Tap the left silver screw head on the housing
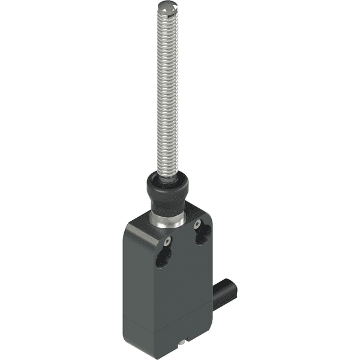[168, 242]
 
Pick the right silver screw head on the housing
[197, 224]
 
